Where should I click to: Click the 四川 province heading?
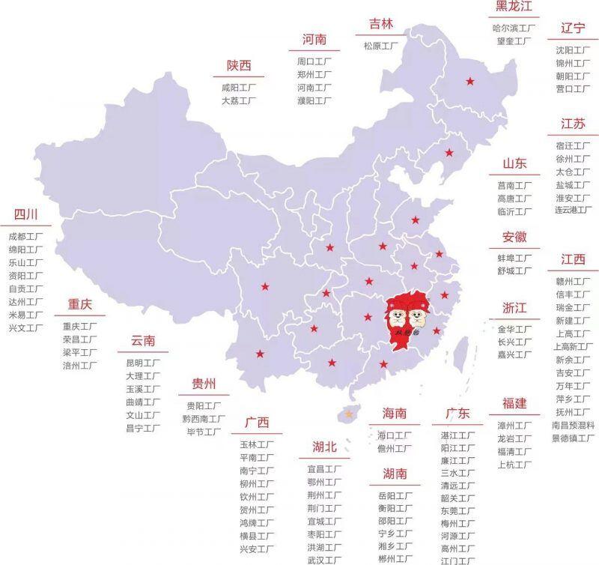coord(25,216)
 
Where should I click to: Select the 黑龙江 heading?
coord(514,7)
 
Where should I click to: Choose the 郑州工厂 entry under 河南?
coord(314,75)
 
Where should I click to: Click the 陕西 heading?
coord(239,66)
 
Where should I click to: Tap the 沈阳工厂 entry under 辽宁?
coord(573,50)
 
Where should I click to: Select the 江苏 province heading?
coord(573,124)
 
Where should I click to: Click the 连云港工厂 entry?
coord(573,211)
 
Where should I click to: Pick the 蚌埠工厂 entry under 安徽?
coord(514,259)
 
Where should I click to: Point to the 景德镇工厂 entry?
coord(573,438)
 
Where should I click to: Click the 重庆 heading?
coord(79,305)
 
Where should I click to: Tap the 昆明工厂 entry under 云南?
coord(142,363)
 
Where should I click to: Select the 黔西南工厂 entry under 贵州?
coord(204,419)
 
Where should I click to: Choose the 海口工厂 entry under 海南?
coord(395,435)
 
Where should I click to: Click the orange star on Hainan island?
coord(347,414)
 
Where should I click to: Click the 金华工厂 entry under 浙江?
coord(514,329)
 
